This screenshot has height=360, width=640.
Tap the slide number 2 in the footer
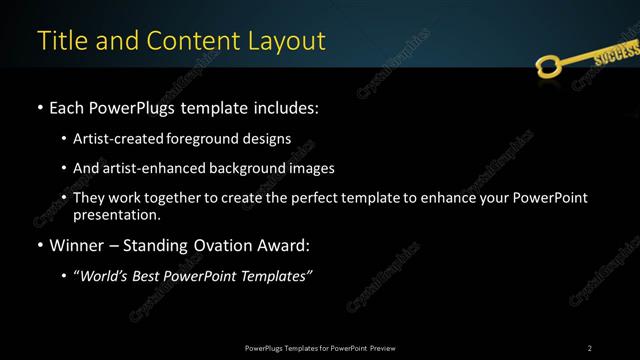click(x=589, y=347)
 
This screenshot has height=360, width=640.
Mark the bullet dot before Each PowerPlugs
click(x=38, y=107)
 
